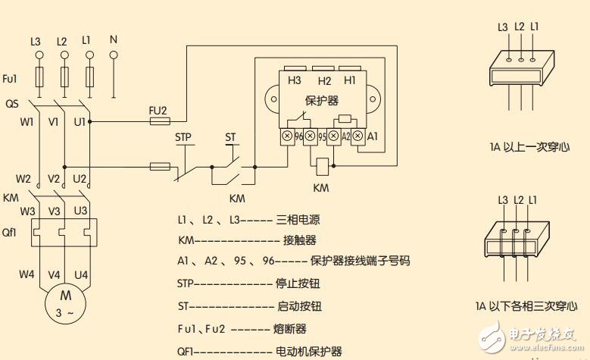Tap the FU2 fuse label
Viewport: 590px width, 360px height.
[x=159, y=108]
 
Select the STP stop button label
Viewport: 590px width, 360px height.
[x=184, y=138]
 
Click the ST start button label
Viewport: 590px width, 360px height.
[x=232, y=138]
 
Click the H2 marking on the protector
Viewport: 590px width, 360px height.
[x=325, y=80]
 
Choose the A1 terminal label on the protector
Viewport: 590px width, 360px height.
[x=372, y=137]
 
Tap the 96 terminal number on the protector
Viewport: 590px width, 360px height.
[x=300, y=137]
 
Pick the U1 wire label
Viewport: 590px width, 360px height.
[x=80, y=121]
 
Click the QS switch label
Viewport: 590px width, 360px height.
[x=11, y=103]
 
